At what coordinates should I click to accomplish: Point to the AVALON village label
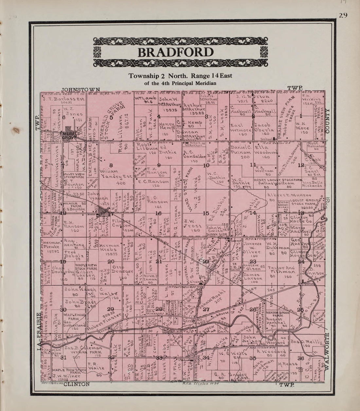(102, 212)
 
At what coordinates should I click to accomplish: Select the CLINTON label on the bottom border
(77, 384)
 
